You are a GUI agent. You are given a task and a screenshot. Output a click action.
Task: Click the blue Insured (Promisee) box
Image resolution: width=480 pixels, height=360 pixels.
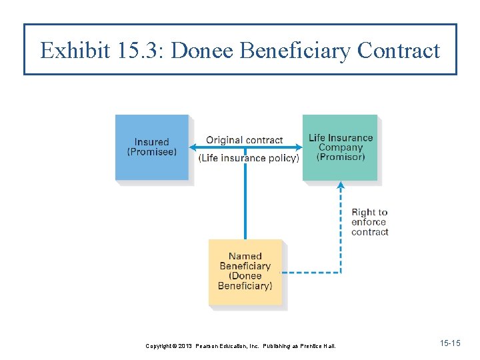pos(152,147)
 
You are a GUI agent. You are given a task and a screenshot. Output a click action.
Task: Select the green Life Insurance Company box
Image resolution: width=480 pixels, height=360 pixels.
pos(340,147)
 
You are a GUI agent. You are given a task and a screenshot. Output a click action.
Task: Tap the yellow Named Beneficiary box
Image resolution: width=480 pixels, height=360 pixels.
pos(245,271)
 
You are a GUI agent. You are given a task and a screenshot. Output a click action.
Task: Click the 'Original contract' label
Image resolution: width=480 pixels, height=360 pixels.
pos(244,140)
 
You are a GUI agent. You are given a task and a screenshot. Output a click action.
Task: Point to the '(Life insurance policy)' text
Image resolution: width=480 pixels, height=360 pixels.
pos(248,158)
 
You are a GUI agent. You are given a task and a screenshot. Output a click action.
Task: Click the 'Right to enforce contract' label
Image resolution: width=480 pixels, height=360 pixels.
pos(369,222)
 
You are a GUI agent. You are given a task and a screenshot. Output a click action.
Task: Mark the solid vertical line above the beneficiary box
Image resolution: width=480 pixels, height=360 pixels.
pos(245,200)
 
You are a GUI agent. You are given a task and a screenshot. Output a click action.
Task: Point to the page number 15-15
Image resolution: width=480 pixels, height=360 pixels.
pos(450,343)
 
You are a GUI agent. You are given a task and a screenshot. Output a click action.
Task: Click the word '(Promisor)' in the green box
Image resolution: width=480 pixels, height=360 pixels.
pos(341,157)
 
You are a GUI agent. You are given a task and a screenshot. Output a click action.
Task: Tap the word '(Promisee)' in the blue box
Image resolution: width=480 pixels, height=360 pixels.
pos(152,152)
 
